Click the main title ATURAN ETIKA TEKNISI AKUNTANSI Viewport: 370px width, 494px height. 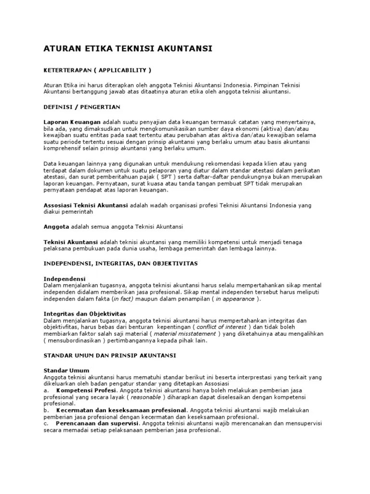tap(128, 49)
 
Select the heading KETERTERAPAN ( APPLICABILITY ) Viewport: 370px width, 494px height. tap(98, 70)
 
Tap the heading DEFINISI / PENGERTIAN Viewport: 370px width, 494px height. tap(82, 107)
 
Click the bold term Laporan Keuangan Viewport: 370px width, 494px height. tap(72, 122)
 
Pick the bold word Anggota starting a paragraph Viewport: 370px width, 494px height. tap(57, 226)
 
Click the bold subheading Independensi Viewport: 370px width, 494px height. tap(65, 279)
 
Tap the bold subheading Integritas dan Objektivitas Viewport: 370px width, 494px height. tap(85, 314)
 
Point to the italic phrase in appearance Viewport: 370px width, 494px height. tap(235, 299)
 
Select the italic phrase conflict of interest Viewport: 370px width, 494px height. tap(222, 327)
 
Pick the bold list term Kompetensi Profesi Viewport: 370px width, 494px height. tap(86, 390)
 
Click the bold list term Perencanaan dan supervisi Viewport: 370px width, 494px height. tap(96, 423)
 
